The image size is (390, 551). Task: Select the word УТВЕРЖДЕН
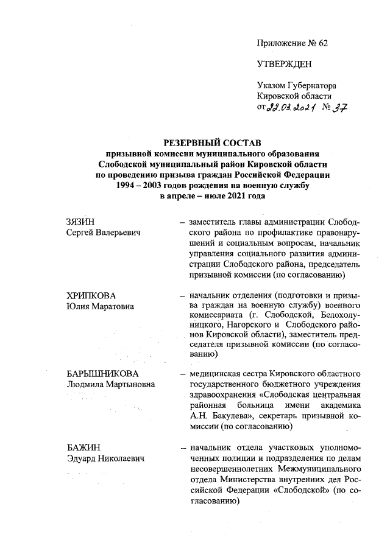coord(283,64)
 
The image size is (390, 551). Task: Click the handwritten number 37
coord(339,108)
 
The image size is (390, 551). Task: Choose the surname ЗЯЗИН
coord(81,222)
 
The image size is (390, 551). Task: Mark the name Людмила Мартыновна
coord(110,384)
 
